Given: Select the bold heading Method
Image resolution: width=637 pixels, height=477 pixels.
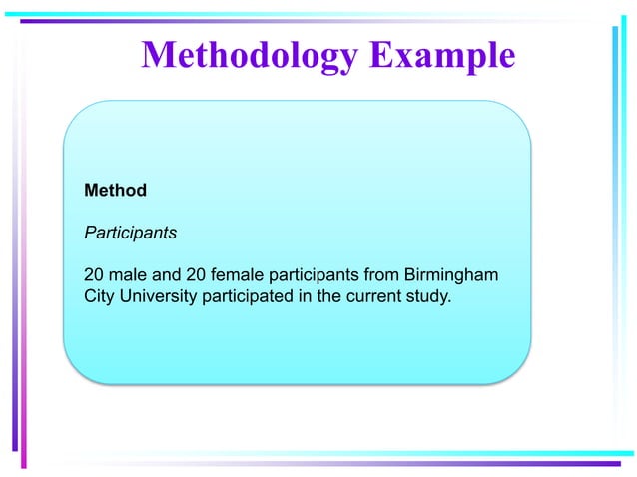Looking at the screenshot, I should [115, 190].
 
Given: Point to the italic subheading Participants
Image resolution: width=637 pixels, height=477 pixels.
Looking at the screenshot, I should [130, 233].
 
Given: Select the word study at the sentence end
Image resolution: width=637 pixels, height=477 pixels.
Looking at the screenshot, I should [428, 296].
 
